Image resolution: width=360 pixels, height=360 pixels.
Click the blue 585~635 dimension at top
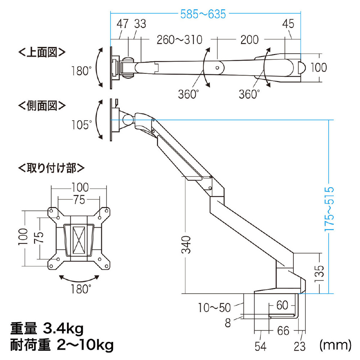pos(203,14)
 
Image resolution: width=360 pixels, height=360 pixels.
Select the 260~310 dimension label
pos(179,40)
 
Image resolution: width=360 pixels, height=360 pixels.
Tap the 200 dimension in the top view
pos(249,40)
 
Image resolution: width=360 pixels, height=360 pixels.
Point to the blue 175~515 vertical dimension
pos(329,209)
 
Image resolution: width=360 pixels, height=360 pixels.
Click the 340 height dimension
pos(186,244)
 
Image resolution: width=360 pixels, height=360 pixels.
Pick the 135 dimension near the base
pos(319,274)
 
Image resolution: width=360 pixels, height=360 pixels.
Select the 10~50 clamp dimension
pos(214,308)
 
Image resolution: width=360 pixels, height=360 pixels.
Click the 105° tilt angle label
pos(81,125)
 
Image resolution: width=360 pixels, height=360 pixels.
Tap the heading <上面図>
pos(42,52)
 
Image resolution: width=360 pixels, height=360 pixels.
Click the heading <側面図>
pos(42,105)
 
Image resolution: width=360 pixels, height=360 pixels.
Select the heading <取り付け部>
pos(51,168)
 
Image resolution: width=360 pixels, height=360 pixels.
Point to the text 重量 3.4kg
pos(47,329)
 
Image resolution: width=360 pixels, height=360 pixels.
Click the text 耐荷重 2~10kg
pos(62,345)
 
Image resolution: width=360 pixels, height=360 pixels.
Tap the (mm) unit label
pos(335,345)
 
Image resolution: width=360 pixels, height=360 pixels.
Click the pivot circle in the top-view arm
pos(217,68)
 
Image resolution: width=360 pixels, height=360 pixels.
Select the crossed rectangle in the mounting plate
pos(79,240)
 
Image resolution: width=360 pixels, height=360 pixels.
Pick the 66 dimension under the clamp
pos(283,331)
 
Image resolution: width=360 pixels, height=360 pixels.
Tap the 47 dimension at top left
pos(122,24)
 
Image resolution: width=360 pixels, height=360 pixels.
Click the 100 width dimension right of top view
pos(319,68)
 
